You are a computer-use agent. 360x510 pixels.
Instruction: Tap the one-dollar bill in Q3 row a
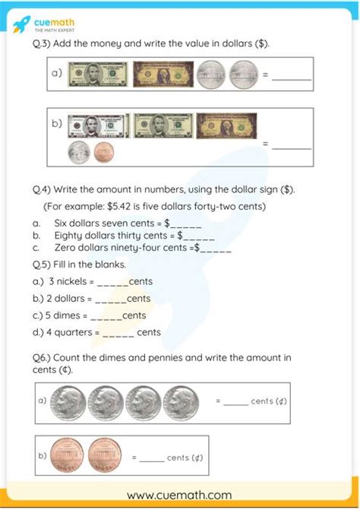click(x=163, y=75)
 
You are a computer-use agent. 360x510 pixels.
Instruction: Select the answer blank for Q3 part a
click(x=292, y=78)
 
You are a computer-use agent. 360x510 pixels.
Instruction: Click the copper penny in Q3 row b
click(x=103, y=152)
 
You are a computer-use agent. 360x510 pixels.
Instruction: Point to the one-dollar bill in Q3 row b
click(x=226, y=125)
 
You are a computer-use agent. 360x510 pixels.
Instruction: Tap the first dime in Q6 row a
click(x=69, y=400)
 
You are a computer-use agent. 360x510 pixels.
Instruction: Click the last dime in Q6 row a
click(x=181, y=400)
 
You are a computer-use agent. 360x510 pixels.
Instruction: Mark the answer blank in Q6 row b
click(x=152, y=459)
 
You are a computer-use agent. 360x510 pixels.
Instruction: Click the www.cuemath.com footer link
click(x=180, y=495)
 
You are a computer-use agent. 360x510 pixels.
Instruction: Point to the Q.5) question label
click(x=41, y=265)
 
